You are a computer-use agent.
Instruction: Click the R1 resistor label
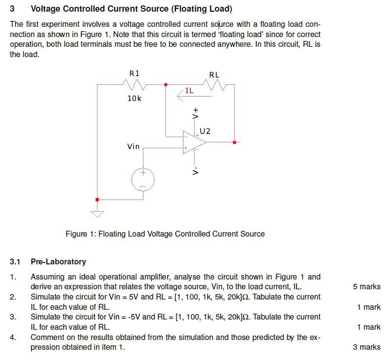pyautogui.click(x=134, y=73)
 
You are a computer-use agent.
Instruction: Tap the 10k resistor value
pyautogui.click(x=134, y=99)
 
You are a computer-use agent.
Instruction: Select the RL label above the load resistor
pyautogui.click(x=214, y=75)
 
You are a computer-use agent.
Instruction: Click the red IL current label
pyautogui.click(x=189, y=90)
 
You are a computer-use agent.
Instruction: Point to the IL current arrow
pyautogui.click(x=186, y=97)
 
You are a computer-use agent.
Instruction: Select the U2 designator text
pyautogui.click(x=205, y=131)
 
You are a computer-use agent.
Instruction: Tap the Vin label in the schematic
pyautogui.click(x=133, y=146)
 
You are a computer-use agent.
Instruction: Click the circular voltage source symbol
pyautogui.click(x=143, y=180)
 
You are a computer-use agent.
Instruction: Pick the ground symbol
pyautogui.click(x=98, y=213)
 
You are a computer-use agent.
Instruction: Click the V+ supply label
pyautogui.click(x=196, y=113)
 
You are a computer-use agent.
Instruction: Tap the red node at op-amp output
pyautogui.click(x=235, y=142)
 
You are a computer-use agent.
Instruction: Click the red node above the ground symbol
pyautogui.click(x=98, y=200)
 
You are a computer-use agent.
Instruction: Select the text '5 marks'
pyautogui.click(x=366, y=287)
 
